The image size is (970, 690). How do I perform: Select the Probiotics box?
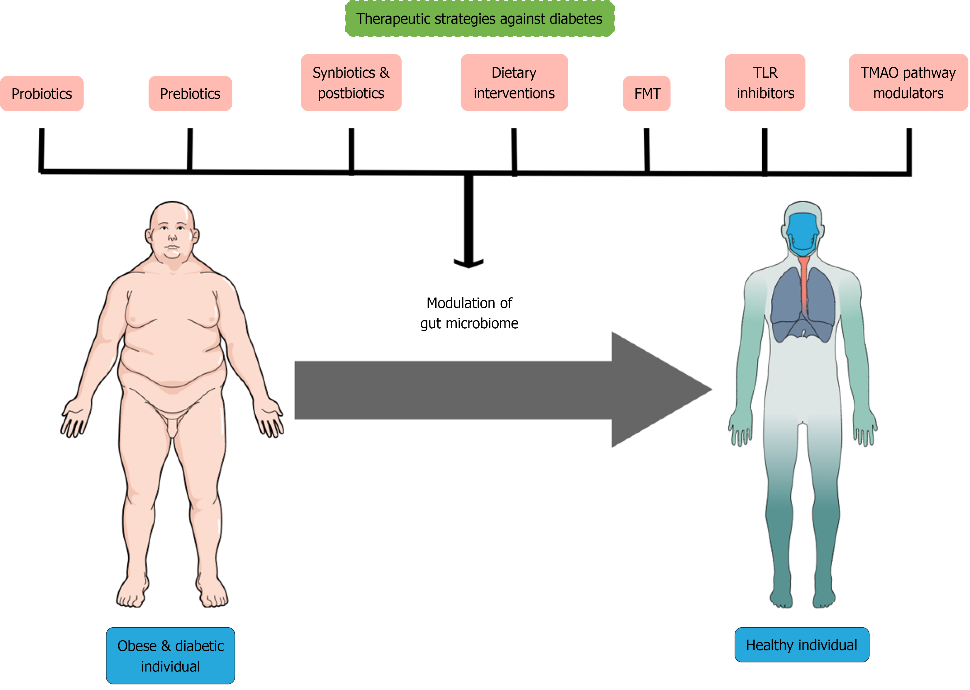tap(42, 94)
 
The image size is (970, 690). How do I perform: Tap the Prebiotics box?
tap(190, 94)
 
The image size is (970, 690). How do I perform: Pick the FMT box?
tap(646, 94)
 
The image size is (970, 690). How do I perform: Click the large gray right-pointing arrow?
tap(489, 390)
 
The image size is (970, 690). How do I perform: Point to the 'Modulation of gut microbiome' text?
tap(469, 313)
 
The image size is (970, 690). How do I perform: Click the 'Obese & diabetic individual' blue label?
tap(170, 656)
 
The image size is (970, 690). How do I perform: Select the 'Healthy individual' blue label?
tap(801, 645)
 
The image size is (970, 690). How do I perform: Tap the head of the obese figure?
tap(172, 230)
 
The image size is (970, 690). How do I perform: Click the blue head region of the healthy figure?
tap(802, 232)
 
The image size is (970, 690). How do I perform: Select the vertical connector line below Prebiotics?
tap(189, 149)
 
